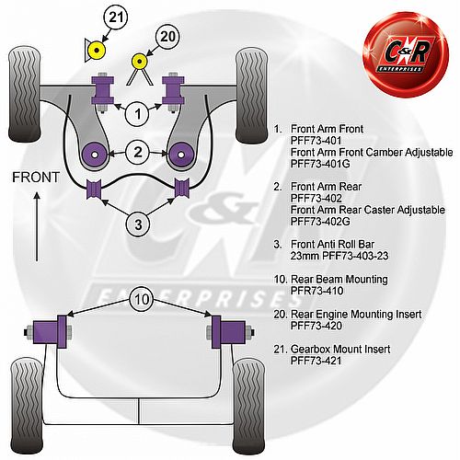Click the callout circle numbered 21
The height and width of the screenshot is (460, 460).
coord(116,17)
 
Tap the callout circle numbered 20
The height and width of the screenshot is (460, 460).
coord(167,37)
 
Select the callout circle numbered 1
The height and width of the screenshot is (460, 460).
coord(137,114)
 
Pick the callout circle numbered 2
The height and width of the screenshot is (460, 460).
coord(138,152)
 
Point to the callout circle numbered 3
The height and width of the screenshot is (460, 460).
coord(138,224)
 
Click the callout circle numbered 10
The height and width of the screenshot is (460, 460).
coord(142,299)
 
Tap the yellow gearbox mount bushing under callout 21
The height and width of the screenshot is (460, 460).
coord(97,50)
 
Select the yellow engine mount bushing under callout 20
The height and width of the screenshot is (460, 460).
coord(140,62)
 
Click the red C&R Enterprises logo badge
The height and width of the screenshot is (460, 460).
coord(406,54)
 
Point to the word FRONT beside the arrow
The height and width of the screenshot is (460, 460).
coord(36,178)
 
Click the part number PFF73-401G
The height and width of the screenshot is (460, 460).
coord(320,164)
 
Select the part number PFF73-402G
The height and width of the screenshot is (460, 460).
coord(320,222)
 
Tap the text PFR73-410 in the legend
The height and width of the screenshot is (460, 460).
coord(316,291)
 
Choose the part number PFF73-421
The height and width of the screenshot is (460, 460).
coord(316,361)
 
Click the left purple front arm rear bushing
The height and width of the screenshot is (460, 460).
coord(95,155)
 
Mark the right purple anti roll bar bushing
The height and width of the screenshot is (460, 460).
coord(182,188)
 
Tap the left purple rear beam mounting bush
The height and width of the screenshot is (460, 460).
coord(50,332)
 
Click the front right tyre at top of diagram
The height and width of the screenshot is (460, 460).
coord(251,96)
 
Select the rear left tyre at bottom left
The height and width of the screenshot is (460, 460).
coord(27,406)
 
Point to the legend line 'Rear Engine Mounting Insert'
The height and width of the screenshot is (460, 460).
coord(356,314)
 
